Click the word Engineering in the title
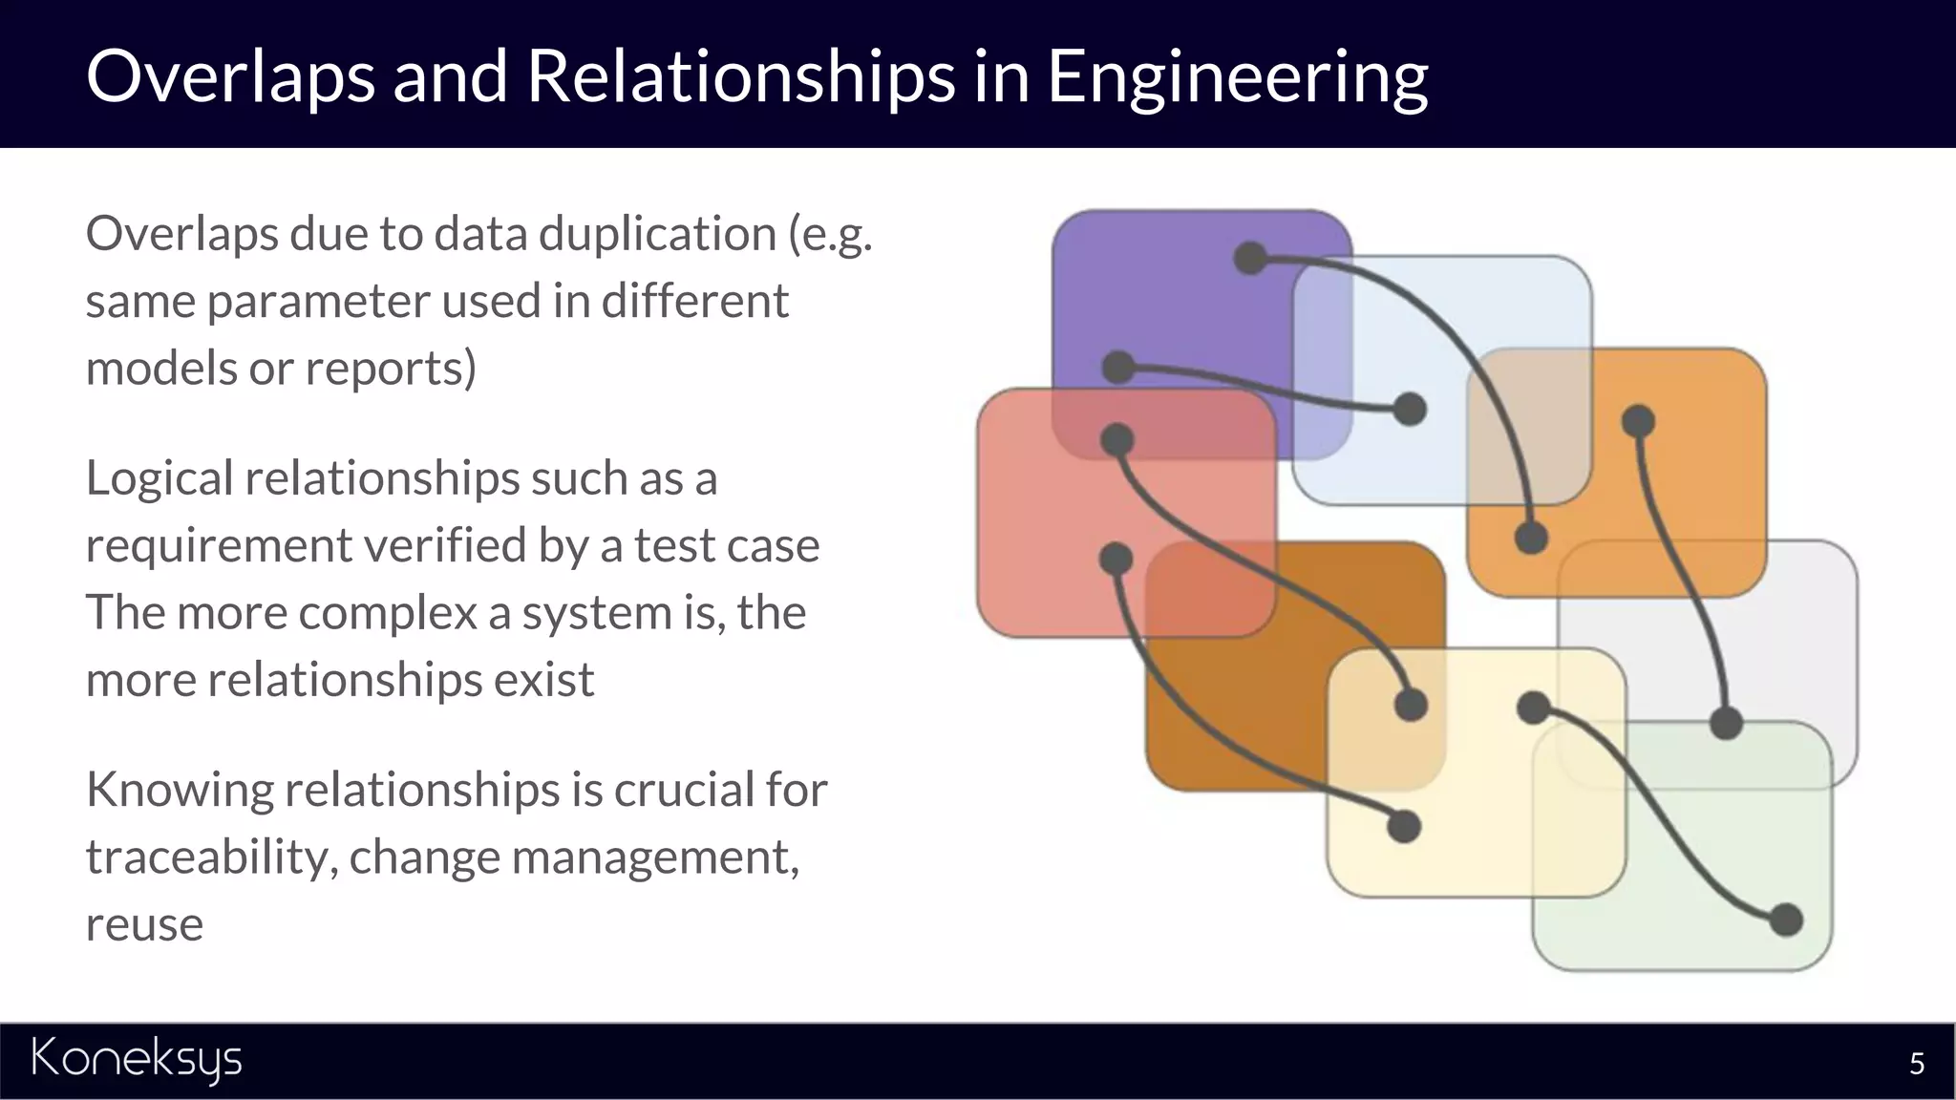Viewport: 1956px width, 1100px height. click(x=1237, y=76)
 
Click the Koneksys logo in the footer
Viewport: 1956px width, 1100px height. click(x=137, y=1060)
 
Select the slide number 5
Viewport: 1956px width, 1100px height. click(x=1916, y=1064)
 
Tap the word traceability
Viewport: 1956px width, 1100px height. click(x=209, y=857)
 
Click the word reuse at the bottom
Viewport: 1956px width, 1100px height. click(x=144, y=924)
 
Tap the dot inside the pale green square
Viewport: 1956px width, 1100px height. click(x=1785, y=920)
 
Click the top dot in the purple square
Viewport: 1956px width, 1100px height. click(x=1250, y=258)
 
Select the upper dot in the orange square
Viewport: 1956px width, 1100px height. click(x=1638, y=421)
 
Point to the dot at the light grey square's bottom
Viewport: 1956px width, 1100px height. click(x=1726, y=723)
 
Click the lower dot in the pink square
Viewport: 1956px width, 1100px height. click(x=1116, y=559)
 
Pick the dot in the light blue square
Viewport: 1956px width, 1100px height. click(x=1410, y=410)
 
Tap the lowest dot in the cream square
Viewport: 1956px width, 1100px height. click(x=1403, y=826)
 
